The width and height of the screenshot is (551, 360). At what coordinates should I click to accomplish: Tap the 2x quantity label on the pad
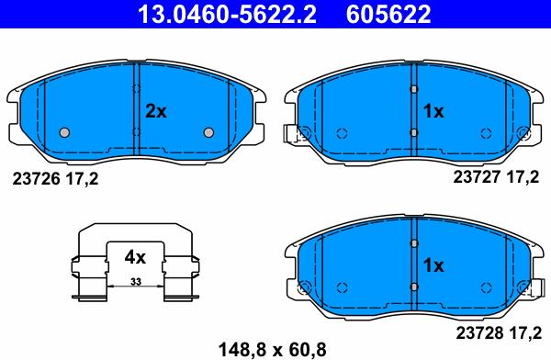coord(156,111)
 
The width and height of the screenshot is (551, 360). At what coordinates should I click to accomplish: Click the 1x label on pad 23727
coord(433,111)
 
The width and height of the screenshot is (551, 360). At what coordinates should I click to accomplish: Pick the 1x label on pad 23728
coord(433,265)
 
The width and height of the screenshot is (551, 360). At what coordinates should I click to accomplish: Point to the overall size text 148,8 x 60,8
coord(272,348)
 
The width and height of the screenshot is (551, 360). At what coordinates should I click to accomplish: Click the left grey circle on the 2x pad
coord(63,132)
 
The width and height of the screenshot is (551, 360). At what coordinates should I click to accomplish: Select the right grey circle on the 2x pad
coord(208,132)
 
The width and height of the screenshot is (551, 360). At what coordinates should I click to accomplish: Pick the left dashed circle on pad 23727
coord(342,132)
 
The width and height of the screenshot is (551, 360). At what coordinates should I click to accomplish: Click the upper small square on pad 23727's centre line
coord(414,89)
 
